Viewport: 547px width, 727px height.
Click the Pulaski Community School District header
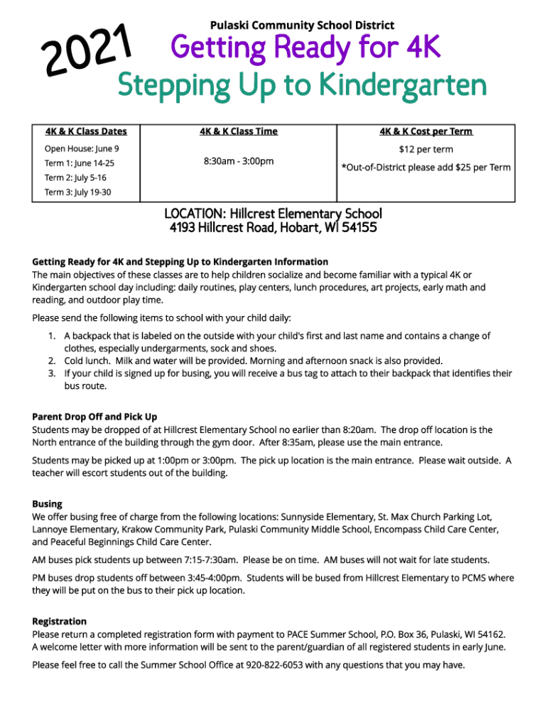(x=298, y=26)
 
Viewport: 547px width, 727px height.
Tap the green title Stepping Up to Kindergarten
(x=302, y=87)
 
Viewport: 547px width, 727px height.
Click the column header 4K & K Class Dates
(x=86, y=131)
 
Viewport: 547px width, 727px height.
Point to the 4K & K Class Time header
(x=239, y=131)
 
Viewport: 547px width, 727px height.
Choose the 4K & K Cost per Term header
(x=426, y=131)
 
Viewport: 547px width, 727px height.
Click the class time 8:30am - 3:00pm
(x=239, y=162)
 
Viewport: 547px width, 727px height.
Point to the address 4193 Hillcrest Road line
(x=273, y=229)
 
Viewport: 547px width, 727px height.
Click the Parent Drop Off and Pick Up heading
(x=94, y=417)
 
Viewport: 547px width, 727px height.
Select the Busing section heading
(x=47, y=504)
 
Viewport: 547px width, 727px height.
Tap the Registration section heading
(x=59, y=621)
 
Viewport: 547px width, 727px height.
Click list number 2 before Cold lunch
(x=52, y=361)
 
